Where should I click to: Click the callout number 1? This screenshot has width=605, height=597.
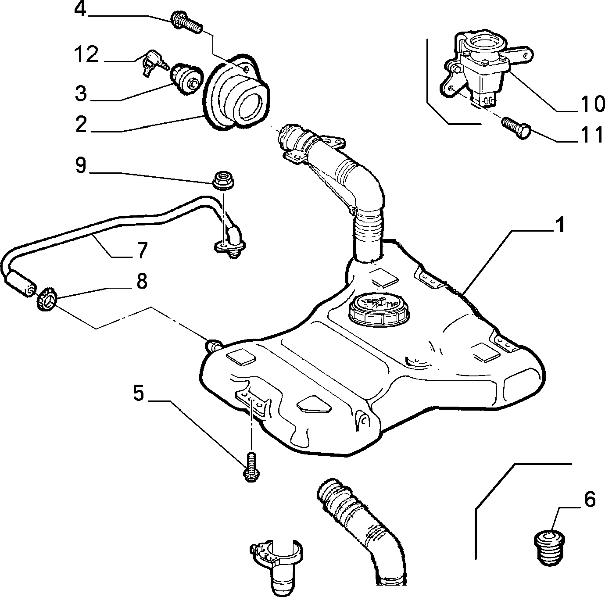[x=558, y=225]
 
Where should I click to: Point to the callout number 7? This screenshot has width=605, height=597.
[x=142, y=250]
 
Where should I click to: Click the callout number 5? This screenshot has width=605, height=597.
[x=139, y=393]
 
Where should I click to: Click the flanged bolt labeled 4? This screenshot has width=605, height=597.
[x=186, y=22]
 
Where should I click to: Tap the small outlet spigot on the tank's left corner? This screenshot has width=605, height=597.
[x=214, y=344]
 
